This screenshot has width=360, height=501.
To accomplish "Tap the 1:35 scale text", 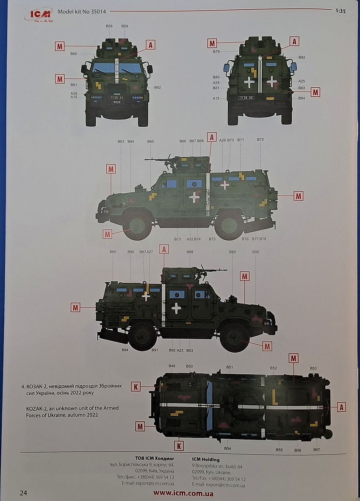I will click(340, 11).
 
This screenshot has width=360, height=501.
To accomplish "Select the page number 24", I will click(23, 493).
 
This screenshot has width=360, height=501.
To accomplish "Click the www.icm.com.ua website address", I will click(183, 493).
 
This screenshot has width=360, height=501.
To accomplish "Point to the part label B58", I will click(109, 26).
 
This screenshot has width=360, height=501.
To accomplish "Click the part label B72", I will click(260, 139).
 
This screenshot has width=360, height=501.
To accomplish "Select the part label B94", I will click(125, 350).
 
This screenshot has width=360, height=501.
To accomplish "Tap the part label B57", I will click(316, 449).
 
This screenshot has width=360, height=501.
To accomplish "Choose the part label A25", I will click(302, 81).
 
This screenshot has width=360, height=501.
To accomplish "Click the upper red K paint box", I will click(135, 386).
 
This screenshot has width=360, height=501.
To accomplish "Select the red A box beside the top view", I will click(341, 407).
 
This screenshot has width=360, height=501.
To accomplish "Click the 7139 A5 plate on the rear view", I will click(246, 98).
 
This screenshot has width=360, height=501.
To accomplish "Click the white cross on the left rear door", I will click(249, 82).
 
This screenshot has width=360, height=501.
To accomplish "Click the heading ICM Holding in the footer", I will click(205, 459).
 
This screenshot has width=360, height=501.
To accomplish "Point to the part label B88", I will click(190, 252).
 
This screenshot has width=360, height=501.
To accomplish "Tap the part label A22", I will click(190, 239).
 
